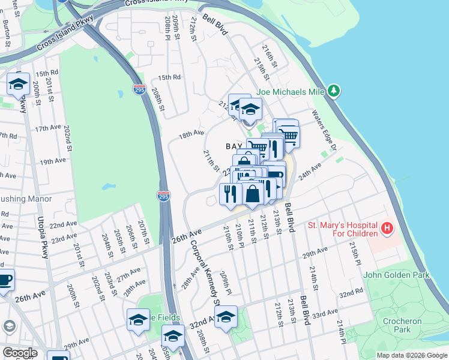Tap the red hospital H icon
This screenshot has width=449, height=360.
[388, 229]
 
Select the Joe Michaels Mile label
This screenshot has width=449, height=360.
[290, 92]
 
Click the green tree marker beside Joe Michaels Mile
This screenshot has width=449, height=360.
[334, 91]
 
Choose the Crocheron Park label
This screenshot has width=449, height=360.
[402, 325]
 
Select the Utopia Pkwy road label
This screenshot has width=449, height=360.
[42, 238]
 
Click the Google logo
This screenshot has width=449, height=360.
[19, 353]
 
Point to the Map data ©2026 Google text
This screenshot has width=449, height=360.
[411, 355]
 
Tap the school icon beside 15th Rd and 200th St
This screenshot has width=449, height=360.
[18, 85]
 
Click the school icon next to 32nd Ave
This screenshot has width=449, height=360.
[226, 317]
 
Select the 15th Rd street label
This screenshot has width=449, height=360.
[169, 77]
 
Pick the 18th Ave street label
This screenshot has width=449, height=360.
[191, 133]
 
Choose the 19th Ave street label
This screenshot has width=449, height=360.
[53, 161]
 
